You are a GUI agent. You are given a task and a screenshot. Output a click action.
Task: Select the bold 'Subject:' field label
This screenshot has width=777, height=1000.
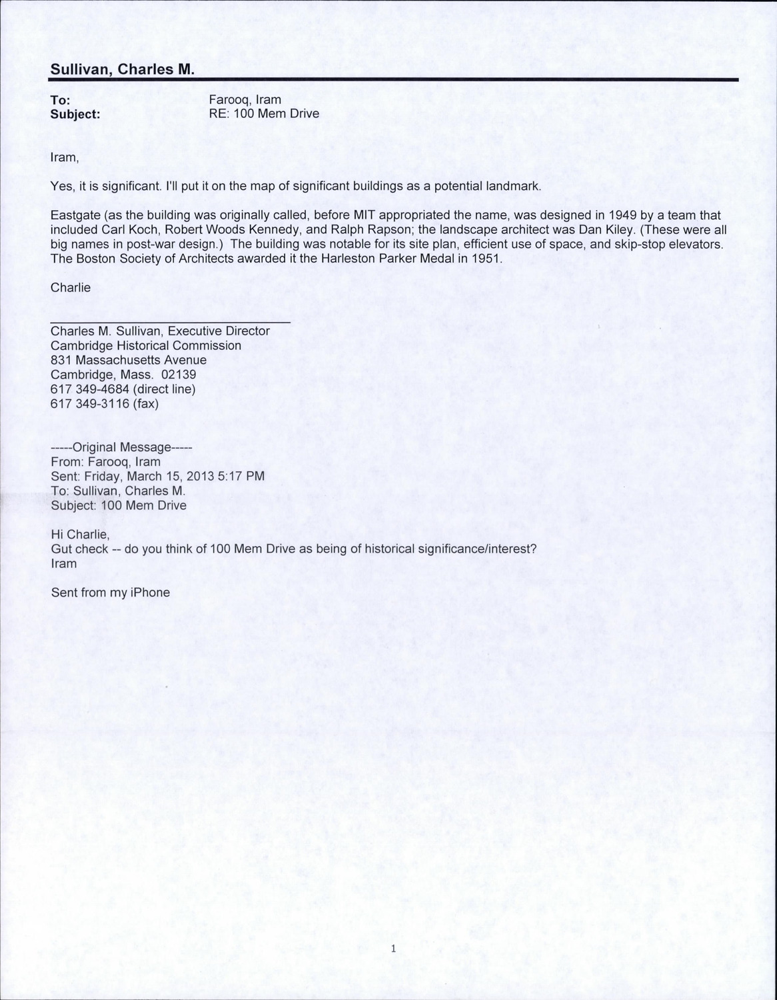point(75,114)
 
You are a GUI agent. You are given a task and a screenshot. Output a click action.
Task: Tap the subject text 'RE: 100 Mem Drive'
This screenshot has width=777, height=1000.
point(264,114)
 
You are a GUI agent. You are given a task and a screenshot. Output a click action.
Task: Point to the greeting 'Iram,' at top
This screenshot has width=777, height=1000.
point(65,158)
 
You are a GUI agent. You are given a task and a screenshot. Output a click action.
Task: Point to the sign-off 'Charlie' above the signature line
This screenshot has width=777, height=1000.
point(70,287)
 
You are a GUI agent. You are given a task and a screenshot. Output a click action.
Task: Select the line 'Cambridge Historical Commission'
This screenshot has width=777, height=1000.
point(146,345)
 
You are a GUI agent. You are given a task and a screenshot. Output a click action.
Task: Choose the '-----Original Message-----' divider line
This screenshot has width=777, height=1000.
point(121,447)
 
